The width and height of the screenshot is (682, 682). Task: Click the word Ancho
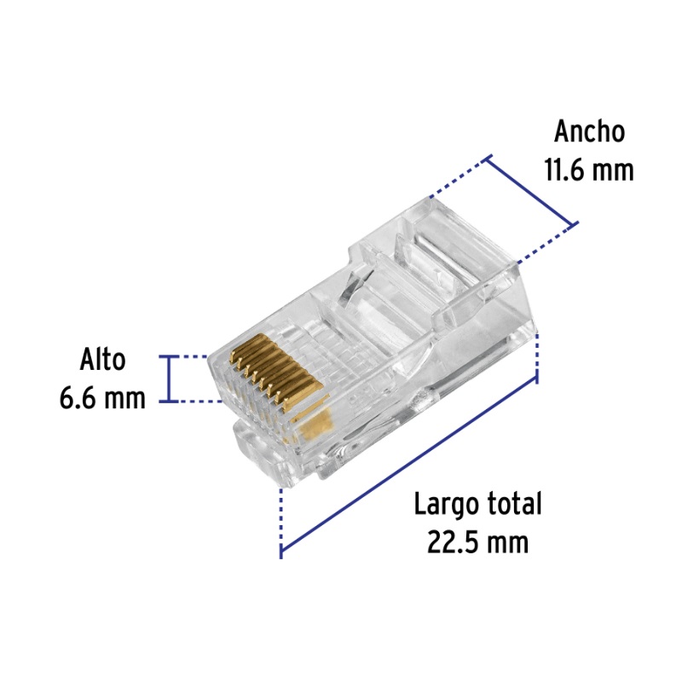pyautogui.click(x=589, y=131)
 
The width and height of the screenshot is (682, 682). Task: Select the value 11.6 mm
pyautogui.click(x=589, y=170)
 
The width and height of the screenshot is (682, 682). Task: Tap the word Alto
pyautogui.click(x=102, y=359)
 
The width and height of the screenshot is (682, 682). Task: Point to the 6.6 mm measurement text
pyautogui.click(x=102, y=398)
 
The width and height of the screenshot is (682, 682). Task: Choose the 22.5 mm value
pyautogui.click(x=477, y=542)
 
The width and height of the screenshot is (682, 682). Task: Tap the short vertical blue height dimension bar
pyautogui.click(x=169, y=379)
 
